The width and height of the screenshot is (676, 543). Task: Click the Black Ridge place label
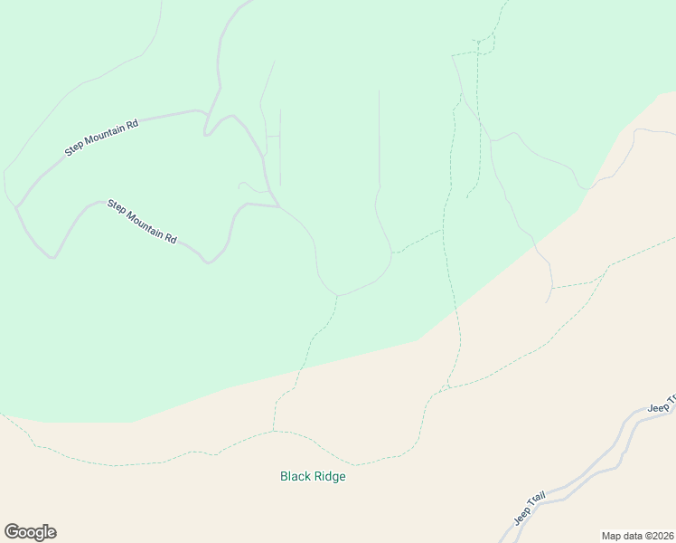pos(313,476)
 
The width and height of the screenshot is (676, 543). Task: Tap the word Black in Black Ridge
pos(296,476)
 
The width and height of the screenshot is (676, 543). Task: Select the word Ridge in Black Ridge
pos(329,476)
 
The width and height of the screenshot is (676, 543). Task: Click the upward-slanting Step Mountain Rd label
pos(100,138)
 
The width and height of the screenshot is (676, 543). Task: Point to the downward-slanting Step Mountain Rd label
pos(142,221)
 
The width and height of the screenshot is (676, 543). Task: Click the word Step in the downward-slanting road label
pos(116,205)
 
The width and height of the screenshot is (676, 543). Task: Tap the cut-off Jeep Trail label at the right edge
pos(662,404)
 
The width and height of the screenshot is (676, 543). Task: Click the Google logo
pos(30,532)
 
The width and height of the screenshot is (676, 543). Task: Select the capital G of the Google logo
pos(13,531)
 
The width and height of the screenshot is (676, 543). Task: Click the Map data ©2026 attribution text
pos(637,535)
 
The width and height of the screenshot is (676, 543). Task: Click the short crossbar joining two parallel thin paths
pos(273,136)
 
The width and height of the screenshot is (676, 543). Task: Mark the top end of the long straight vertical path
pos(379,90)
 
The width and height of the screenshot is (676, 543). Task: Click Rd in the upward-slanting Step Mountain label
pos(132,123)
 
